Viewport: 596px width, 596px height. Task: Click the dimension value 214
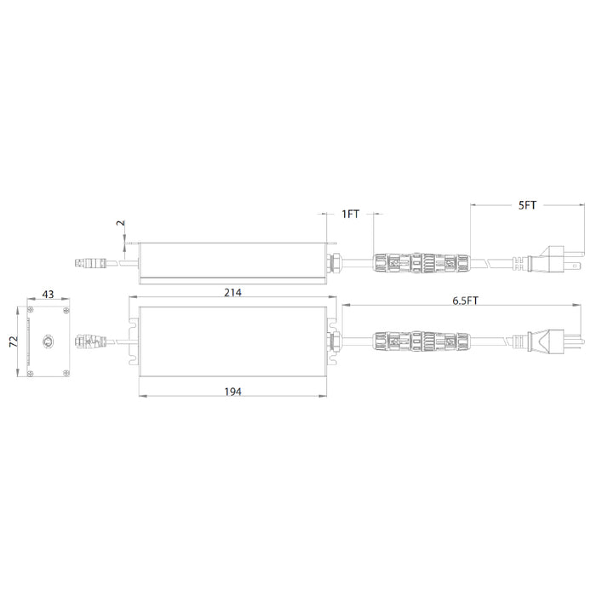coord(232,292)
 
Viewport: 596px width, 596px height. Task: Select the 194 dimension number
coord(232,392)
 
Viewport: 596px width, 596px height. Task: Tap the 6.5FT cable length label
coord(465,301)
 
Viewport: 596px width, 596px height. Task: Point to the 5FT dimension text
coord(527,205)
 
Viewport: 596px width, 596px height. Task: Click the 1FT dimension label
coord(350,214)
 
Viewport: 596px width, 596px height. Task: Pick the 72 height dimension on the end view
coord(14,341)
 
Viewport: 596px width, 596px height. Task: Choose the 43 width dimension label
coord(48,295)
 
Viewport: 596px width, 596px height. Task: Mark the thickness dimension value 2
coord(121,223)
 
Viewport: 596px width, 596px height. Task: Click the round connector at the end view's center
coord(49,341)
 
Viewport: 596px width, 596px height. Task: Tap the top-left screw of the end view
coord(31,311)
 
